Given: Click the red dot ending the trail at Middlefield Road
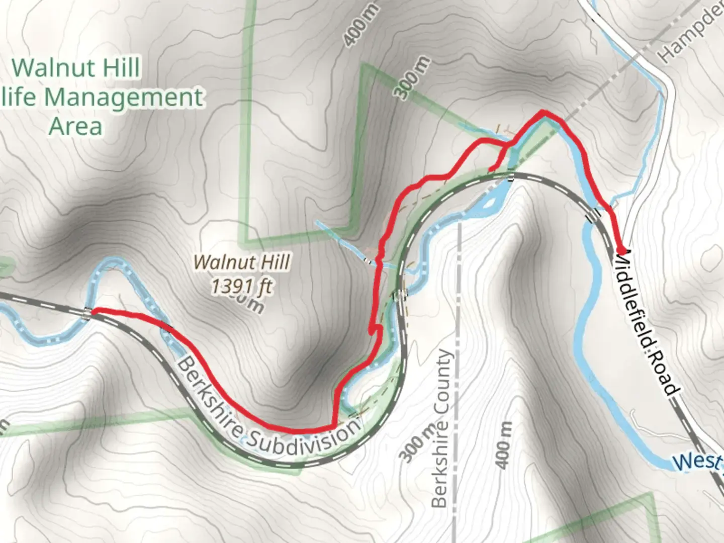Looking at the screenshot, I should coord(621,250).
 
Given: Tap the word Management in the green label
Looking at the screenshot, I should coord(124,97).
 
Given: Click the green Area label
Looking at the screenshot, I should coord(75,126).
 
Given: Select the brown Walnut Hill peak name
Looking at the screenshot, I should coord(242,262).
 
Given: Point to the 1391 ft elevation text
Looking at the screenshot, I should coord(242,287).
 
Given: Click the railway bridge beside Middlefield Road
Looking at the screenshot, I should coord(594,215).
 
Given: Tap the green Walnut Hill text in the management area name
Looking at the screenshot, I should coord(75,68).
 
